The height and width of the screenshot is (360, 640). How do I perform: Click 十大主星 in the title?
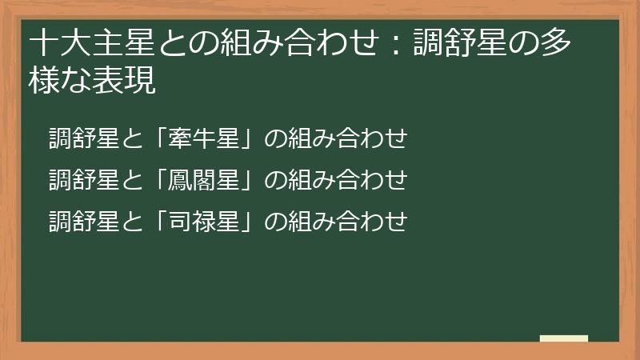80,42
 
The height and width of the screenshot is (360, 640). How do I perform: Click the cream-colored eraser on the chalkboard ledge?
564,338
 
